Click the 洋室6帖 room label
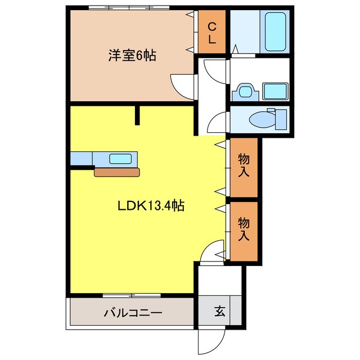coord(132,56)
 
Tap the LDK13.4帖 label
coord(151,206)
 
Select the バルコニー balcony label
coord(133,313)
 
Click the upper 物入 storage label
coord(244,165)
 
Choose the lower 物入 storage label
coord(244,229)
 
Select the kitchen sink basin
coord(120,159)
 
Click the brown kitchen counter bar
coord(116,172)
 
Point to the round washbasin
coord(245,91)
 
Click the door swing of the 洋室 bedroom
coord(183,85)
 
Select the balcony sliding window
coord(132,295)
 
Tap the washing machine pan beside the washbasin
coord(275,91)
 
